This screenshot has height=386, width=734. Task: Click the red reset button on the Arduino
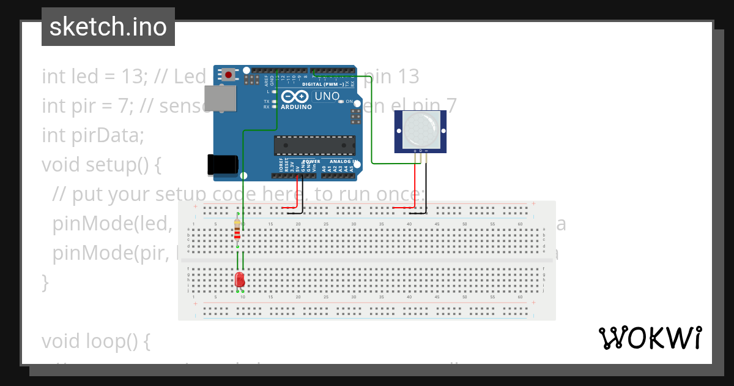pyautogui.click(x=229, y=75)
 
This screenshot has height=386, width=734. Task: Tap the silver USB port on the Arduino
pyautogui.click(x=220, y=98)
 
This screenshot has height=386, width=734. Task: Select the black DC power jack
pyautogui.click(x=222, y=164)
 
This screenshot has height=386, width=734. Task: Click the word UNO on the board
pyautogui.click(x=327, y=96)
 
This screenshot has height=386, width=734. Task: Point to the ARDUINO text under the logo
pyautogui.click(x=296, y=107)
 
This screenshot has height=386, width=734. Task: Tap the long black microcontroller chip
pyautogui.click(x=314, y=145)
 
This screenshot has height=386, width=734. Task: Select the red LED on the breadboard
pyautogui.click(x=240, y=279)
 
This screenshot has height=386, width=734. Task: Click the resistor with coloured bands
pyautogui.click(x=237, y=232)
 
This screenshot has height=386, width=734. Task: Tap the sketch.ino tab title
pyautogui.click(x=108, y=27)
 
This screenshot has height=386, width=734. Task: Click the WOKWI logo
pyautogui.click(x=650, y=338)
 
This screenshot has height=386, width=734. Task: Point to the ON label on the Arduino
pyautogui.click(x=349, y=101)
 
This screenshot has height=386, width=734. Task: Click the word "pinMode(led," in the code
pyautogui.click(x=111, y=224)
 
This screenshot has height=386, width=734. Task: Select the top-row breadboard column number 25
pyautogui.click(x=326, y=224)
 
